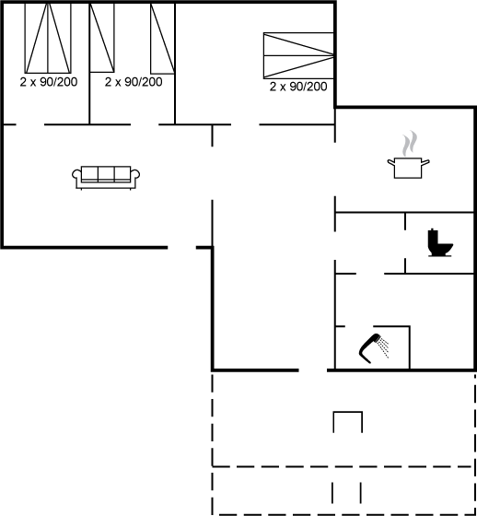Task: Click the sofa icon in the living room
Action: tap(106, 178)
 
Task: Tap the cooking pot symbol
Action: tap(408, 168)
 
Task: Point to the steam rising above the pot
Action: tap(409, 144)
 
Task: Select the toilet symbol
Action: tap(439, 243)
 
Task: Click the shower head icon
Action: tap(369, 348)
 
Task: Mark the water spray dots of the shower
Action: tap(384, 349)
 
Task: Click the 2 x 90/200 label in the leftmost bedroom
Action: tap(49, 82)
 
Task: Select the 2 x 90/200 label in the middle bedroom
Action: tap(134, 82)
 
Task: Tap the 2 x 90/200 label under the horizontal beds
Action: tap(298, 87)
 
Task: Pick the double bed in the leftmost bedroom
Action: tap(48, 38)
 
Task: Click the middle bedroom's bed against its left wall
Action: tap(102, 38)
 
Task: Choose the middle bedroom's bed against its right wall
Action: tap(162, 39)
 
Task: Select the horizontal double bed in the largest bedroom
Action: tap(298, 55)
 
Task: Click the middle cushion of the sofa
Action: tap(106, 173)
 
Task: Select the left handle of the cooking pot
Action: tap(390, 162)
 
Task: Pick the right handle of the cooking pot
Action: tap(425, 162)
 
